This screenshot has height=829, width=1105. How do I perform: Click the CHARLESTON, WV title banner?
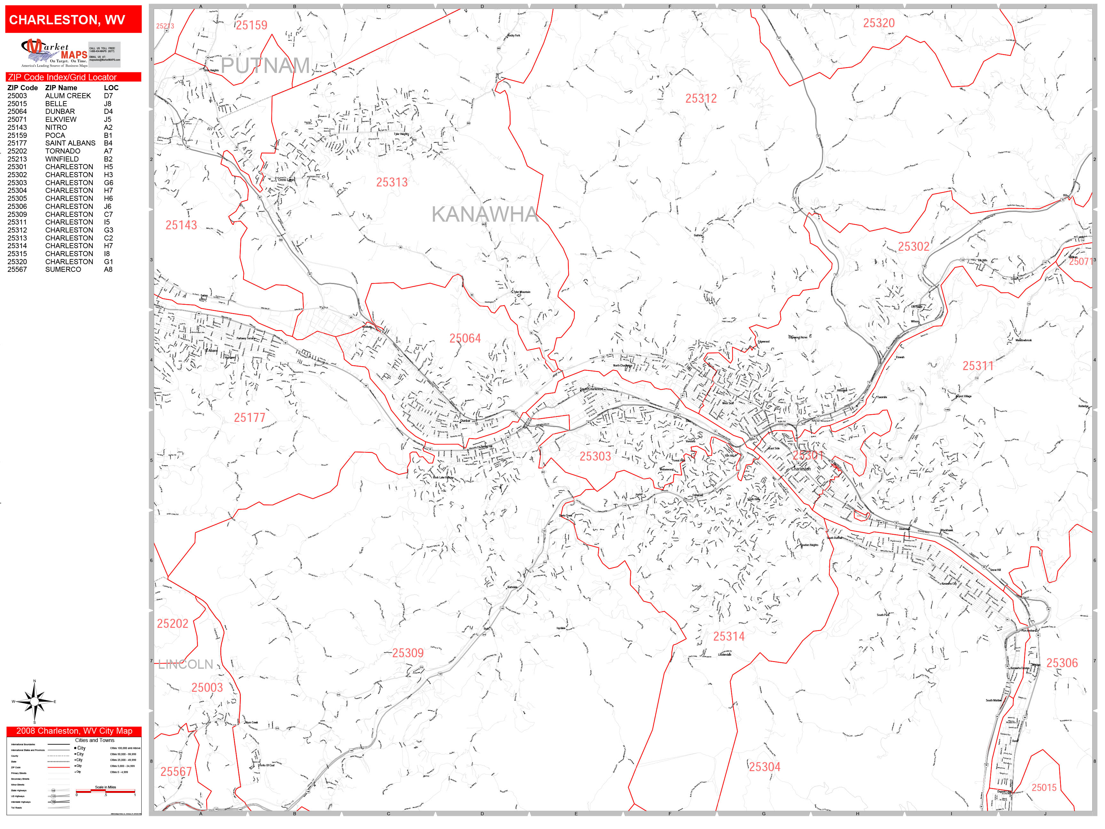[x=73, y=20]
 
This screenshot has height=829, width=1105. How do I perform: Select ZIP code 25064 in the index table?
[x=17, y=111]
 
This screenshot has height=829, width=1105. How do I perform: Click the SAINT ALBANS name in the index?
[x=70, y=143]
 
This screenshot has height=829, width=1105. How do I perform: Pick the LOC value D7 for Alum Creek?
[x=108, y=95]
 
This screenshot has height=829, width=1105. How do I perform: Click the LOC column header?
[x=111, y=87]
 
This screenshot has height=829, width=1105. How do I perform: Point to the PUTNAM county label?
[x=265, y=66]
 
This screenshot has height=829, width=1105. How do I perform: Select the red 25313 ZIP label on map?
[x=392, y=182]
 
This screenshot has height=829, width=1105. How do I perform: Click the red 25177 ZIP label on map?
[x=249, y=418]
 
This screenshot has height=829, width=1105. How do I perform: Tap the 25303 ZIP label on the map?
[x=595, y=456]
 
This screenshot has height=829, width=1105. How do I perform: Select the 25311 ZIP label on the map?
[x=978, y=366]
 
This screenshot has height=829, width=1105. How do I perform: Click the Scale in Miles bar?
[x=106, y=791]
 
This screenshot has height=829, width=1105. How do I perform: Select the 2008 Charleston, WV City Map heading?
[x=74, y=731]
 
